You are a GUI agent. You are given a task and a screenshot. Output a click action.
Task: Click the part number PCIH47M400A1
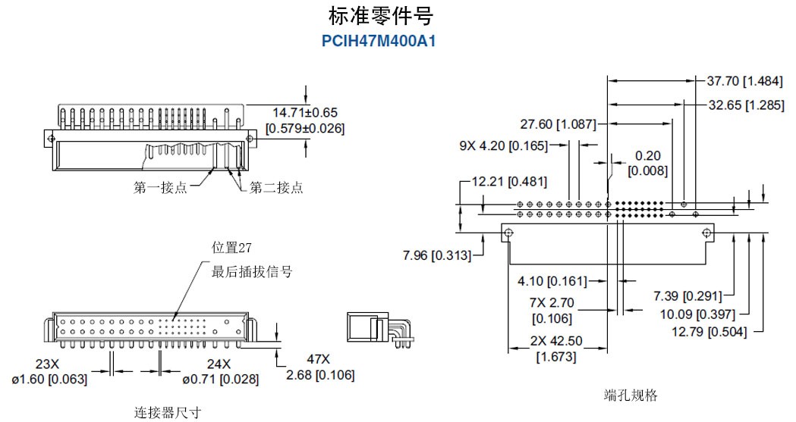coord(380,40)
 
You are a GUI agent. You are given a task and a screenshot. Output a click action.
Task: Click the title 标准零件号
coord(381,16)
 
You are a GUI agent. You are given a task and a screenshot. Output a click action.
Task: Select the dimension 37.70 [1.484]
coord(745,81)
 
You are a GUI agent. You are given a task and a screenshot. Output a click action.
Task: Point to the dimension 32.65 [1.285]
coord(746,105)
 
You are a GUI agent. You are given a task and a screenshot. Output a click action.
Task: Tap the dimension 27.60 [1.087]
coord(558,123)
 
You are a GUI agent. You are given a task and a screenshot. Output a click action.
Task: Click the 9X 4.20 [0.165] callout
coord(503,145)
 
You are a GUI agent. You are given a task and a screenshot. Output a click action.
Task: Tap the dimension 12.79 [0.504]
coord(708,331)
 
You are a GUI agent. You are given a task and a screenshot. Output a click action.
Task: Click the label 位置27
coord(231,247)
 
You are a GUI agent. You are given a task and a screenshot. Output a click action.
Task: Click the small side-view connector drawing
coord(378,330)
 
